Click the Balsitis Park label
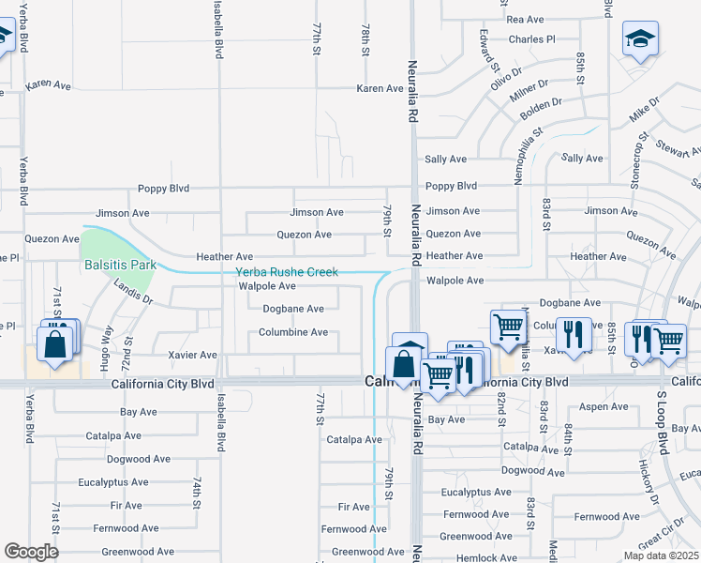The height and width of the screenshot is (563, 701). (x=120, y=265)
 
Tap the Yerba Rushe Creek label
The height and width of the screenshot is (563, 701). (x=286, y=272)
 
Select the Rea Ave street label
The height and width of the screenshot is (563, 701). (x=525, y=19)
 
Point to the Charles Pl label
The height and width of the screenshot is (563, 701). (x=531, y=39)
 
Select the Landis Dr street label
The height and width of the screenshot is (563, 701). (x=131, y=293)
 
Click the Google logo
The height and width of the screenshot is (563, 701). (x=31, y=552)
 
